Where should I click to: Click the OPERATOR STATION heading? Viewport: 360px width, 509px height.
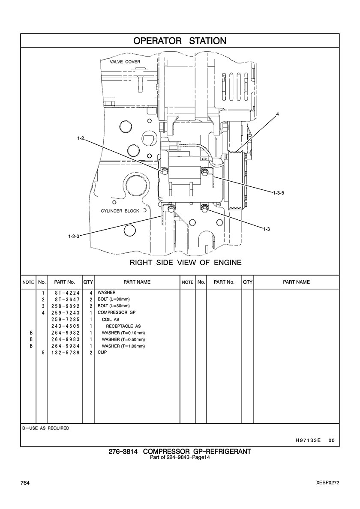tap(180, 41)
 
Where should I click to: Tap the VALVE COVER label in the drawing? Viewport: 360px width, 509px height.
tap(125, 62)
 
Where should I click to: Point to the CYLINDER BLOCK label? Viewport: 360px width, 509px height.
tap(120, 211)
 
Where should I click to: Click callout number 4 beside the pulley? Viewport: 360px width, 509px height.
tap(277, 114)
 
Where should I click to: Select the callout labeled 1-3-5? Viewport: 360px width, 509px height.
tap(279, 193)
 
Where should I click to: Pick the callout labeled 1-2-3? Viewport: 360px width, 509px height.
tap(74, 237)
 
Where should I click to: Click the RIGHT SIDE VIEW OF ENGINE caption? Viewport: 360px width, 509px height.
tap(186, 262)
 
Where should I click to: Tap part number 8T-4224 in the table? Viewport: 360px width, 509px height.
tap(65, 293)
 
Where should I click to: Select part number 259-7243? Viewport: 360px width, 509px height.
tap(65, 313)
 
